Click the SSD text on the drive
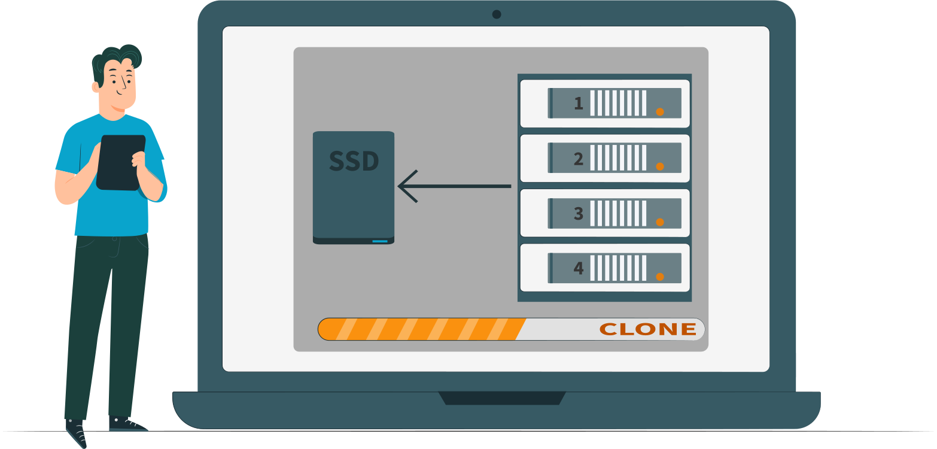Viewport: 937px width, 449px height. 354,161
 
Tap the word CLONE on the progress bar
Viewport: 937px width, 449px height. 648,329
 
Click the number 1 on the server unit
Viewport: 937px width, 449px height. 579,104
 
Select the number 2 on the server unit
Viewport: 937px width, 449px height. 579,159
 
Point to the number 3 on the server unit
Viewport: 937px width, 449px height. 579,214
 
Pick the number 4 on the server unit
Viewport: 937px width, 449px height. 579,268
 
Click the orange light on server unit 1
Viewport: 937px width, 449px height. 660,112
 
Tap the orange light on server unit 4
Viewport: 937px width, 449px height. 660,277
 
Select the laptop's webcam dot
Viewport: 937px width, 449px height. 497,14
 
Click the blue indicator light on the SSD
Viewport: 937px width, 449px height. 380,241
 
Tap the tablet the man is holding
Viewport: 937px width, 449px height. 120,162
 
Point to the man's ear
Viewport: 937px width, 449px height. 96,87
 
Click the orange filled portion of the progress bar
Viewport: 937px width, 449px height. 422,329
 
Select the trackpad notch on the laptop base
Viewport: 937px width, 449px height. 502,398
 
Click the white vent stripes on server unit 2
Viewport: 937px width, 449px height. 618,158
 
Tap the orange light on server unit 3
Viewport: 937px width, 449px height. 660,222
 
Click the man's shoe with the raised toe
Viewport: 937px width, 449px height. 76,433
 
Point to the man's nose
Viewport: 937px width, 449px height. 124,84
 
